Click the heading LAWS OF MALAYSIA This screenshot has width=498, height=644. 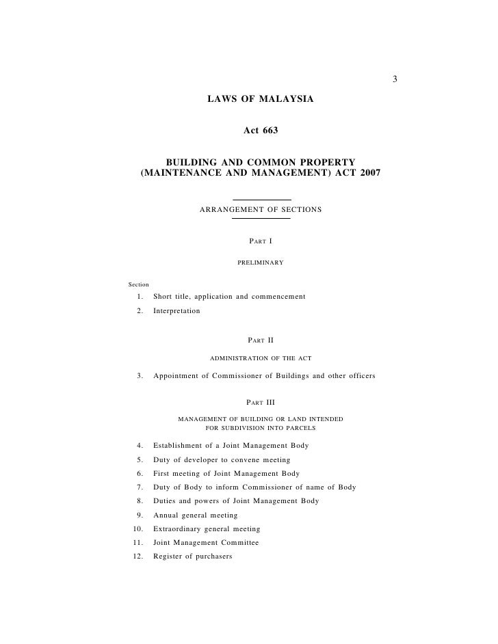coord(260,100)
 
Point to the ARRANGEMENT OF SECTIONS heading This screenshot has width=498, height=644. coord(260,209)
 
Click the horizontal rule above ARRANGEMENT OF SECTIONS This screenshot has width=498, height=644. coord(261,200)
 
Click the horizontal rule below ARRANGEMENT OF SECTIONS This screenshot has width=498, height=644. coord(261,219)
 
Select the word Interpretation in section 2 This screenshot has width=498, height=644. coord(176,310)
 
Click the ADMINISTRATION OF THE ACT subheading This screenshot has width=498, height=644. coord(261,358)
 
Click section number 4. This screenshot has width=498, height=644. coord(139,446)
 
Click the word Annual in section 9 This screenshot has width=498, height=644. coord(166,515)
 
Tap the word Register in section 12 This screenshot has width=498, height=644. coord(169,556)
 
